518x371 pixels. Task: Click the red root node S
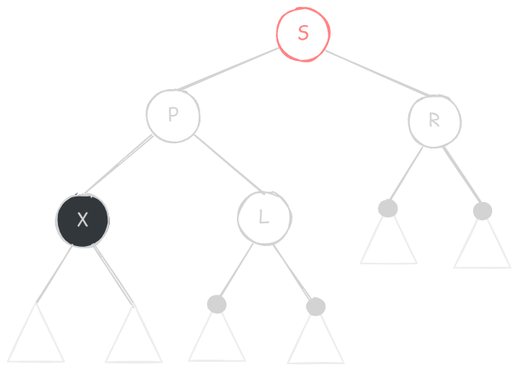point(303,34)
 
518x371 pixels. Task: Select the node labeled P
point(173,115)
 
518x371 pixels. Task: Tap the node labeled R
point(434,120)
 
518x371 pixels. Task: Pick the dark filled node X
point(82,220)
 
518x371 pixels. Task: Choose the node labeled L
point(264,218)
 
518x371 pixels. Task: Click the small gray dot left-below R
point(388,208)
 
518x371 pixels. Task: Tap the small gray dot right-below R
point(482,211)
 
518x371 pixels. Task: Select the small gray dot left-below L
point(217,304)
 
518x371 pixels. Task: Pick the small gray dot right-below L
point(316,306)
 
